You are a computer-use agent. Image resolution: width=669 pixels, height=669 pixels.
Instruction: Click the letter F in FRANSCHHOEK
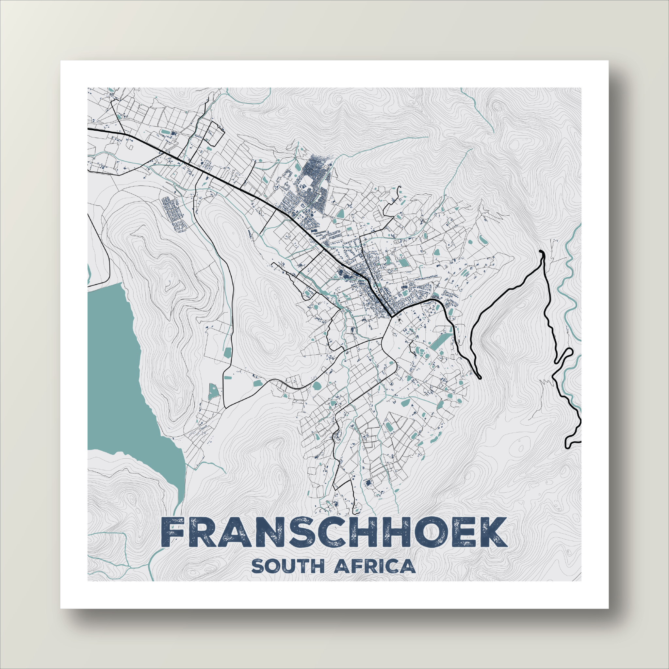[172, 532]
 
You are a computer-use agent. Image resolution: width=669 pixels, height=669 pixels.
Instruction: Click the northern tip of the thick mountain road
[542, 252]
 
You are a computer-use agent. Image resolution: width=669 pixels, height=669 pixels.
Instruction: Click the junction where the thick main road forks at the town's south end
[392, 317]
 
